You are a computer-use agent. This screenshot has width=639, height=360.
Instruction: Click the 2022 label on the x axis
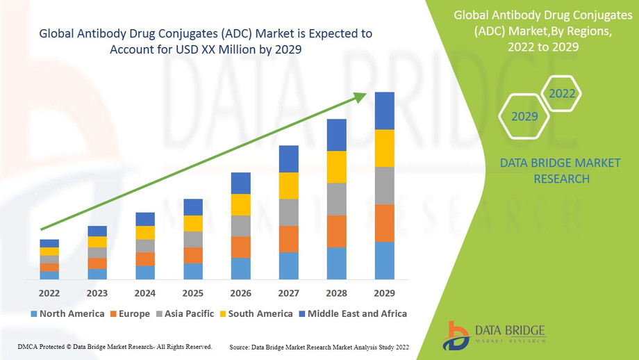[49, 293]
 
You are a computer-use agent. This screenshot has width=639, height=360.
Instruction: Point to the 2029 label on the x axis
[384, 293]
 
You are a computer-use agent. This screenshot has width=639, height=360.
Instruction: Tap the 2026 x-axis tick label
[241, 293]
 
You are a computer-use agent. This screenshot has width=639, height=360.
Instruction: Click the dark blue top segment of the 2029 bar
[384, 111]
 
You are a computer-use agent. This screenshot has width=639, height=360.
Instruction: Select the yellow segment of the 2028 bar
[336, 167]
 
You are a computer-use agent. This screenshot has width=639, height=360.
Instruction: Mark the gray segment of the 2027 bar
[288, 212]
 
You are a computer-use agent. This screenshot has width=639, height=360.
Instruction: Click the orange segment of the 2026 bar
[241, 247]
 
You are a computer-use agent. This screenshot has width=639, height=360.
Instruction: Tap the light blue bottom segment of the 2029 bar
[384, 261]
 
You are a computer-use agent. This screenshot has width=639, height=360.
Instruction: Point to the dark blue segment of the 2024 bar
[145, 219]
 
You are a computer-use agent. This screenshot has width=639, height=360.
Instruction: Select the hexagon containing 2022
[561, 93]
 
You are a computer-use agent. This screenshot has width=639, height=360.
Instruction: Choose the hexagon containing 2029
[524, 116]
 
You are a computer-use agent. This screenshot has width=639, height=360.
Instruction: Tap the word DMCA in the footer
[26, 346]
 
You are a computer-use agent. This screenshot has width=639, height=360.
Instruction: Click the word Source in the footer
[240, 346]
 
